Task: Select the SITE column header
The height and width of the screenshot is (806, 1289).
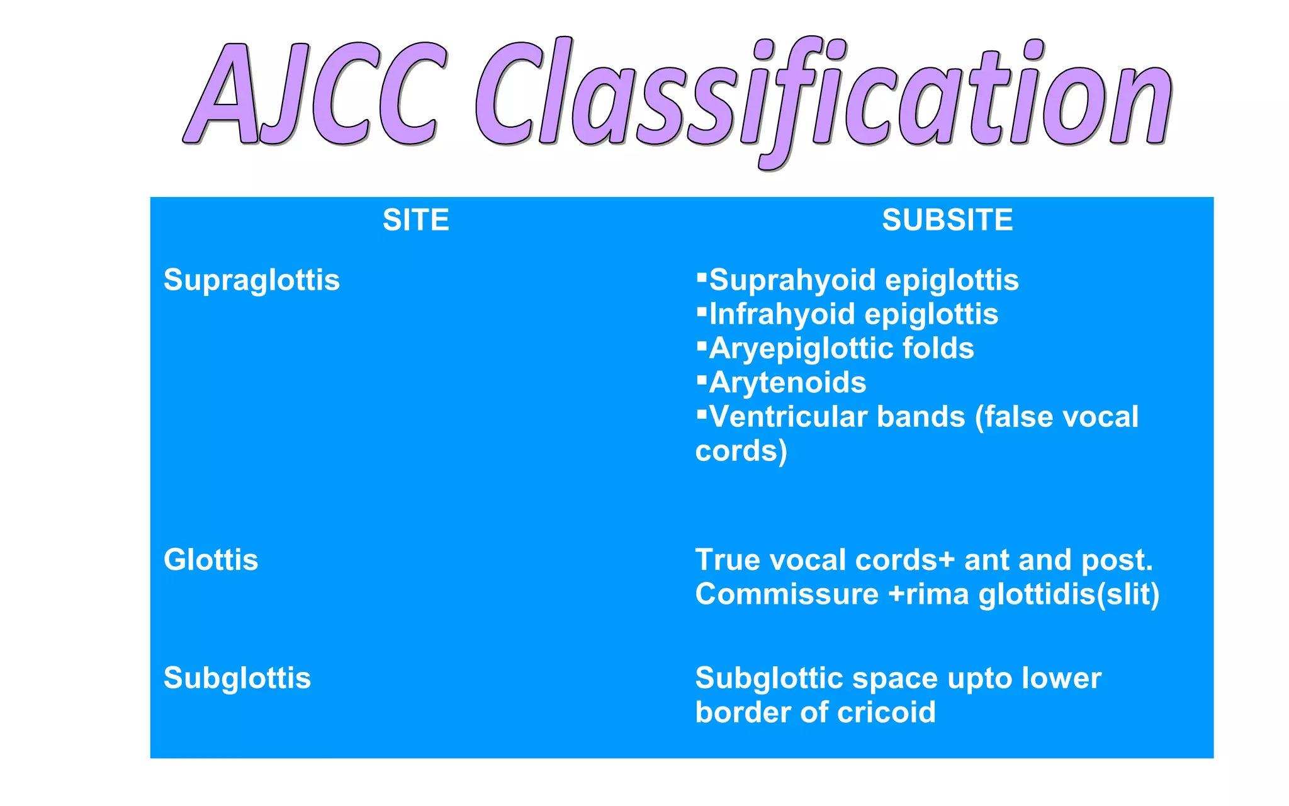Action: pos(415,220)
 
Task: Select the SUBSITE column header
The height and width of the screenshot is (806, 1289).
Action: pos(947,220)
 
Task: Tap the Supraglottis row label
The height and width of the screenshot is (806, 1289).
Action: pos(251,280)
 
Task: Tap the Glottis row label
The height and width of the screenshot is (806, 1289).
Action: pos(211,560)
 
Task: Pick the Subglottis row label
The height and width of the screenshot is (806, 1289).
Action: pos(237,678)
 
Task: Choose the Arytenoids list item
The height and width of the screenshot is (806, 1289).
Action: pos(787,383)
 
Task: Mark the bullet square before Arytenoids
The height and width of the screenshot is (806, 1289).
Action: pos(702,379)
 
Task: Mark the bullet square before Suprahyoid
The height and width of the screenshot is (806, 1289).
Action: pos(702,276)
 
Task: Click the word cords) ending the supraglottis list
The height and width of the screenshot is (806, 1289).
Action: pos(741,451)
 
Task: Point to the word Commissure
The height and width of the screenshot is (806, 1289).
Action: pos(787,594)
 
